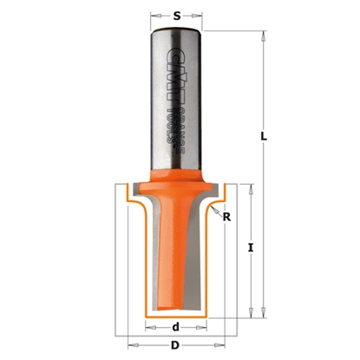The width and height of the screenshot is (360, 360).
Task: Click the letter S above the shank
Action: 177,15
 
